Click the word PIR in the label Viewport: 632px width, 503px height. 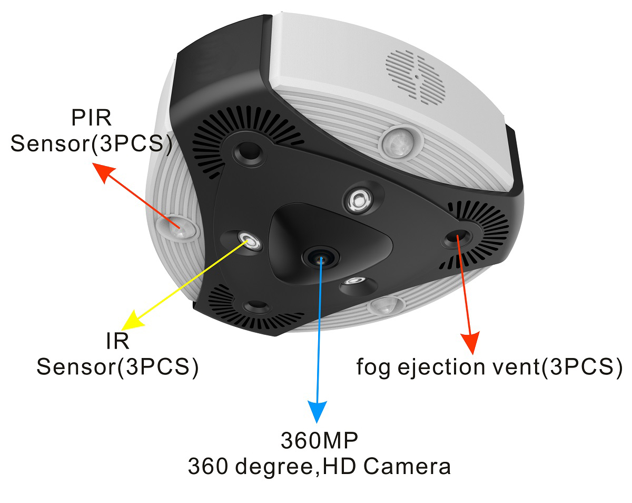(91, 118)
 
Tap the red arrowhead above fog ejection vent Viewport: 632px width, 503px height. (472, 343)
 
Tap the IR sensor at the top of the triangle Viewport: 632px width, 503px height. (359, 199)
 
